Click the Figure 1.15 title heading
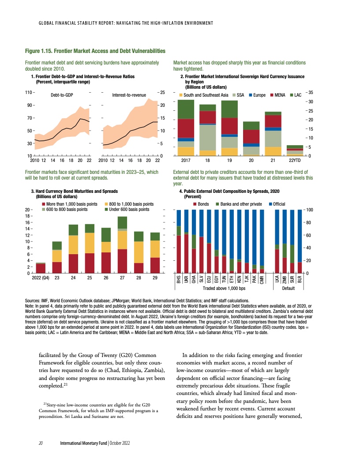pos(95,52)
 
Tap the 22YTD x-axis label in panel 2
pos(295,161)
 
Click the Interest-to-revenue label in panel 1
pos(129,95)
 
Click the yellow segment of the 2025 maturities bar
pos(90,243)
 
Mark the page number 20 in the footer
pos(40,443)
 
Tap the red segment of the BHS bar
pos(179,254)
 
